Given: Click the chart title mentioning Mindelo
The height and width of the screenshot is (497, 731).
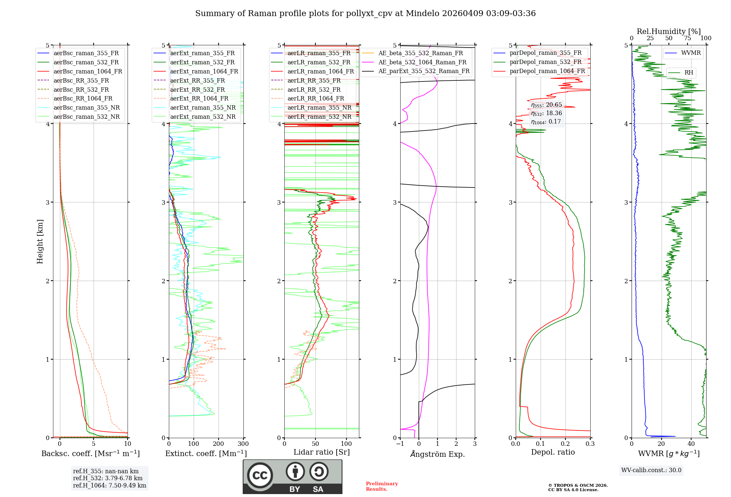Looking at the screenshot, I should pyautogui.click(x=365, y=14).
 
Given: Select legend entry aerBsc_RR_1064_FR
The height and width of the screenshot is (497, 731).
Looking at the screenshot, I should pyautogui.click(x=83, y=99).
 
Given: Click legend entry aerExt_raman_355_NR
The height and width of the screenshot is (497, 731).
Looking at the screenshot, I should pyautogui.click(x=203, y=108).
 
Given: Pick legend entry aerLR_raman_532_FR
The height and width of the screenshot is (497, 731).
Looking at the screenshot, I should pyautogui.click(x=319, y=62).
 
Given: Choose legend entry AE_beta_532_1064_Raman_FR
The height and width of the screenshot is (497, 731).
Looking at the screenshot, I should pyautogui.click(x=422, y=62).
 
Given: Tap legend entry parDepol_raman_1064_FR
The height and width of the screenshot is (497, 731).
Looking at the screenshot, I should pyautogui.click(x=547, y=71).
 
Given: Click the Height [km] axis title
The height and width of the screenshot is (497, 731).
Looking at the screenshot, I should pyautogui.click(x=40, y=242).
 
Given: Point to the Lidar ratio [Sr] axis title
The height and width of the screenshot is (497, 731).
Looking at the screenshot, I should pyautogui.click(x=322, y=452).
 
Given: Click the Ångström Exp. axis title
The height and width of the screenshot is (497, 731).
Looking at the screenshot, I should pyautogui.click(x=438, y=454).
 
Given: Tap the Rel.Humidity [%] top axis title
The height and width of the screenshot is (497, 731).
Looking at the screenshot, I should pyautogui.click(x=668, y=31).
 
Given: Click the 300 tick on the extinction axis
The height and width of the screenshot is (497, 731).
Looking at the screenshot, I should pyautogui.click(x=243, y=444).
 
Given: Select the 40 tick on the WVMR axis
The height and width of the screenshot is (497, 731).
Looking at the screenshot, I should pyautogui.click(x=691, y=444).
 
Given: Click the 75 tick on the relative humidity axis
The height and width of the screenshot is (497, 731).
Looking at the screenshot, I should pyautogui.click(x=688, y=38).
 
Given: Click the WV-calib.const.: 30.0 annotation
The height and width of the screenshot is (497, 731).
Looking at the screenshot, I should pyautogui.click(x=651, y=470).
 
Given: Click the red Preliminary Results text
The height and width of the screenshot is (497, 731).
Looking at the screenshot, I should pyautogui.click(x=382, y=486).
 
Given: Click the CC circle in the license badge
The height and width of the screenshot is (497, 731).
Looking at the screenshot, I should pyautogui.click(x=260, y=475).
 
